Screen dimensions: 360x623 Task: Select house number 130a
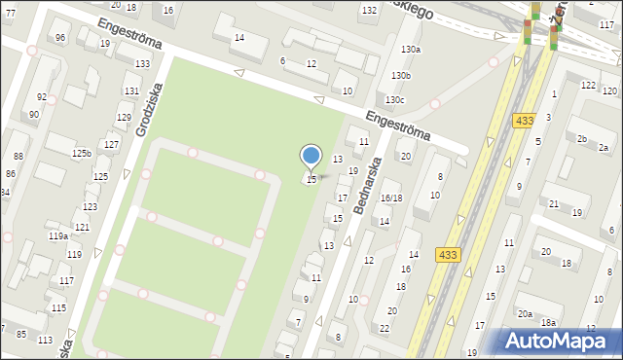[410, 49]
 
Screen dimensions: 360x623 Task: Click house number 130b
[401, 75]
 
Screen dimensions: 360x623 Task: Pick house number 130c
[393, 100]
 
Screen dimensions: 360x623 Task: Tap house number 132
[369, 10]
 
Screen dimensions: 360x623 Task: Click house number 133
[142, 63]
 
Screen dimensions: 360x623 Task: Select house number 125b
[81, 153]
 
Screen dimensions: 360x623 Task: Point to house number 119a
[58, 235]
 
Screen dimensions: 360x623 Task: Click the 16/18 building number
[391, 198]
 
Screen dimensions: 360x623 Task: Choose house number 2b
[581, 139]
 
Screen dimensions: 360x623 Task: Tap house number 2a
[603, 148]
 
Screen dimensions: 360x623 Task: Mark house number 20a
[525, 313]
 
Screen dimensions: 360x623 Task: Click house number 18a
[549, 322]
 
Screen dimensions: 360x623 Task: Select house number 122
[588, 86]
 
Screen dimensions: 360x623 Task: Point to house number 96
[61, 38]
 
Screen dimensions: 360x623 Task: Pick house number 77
[10, 13]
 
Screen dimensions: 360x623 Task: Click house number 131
[130, 90]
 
